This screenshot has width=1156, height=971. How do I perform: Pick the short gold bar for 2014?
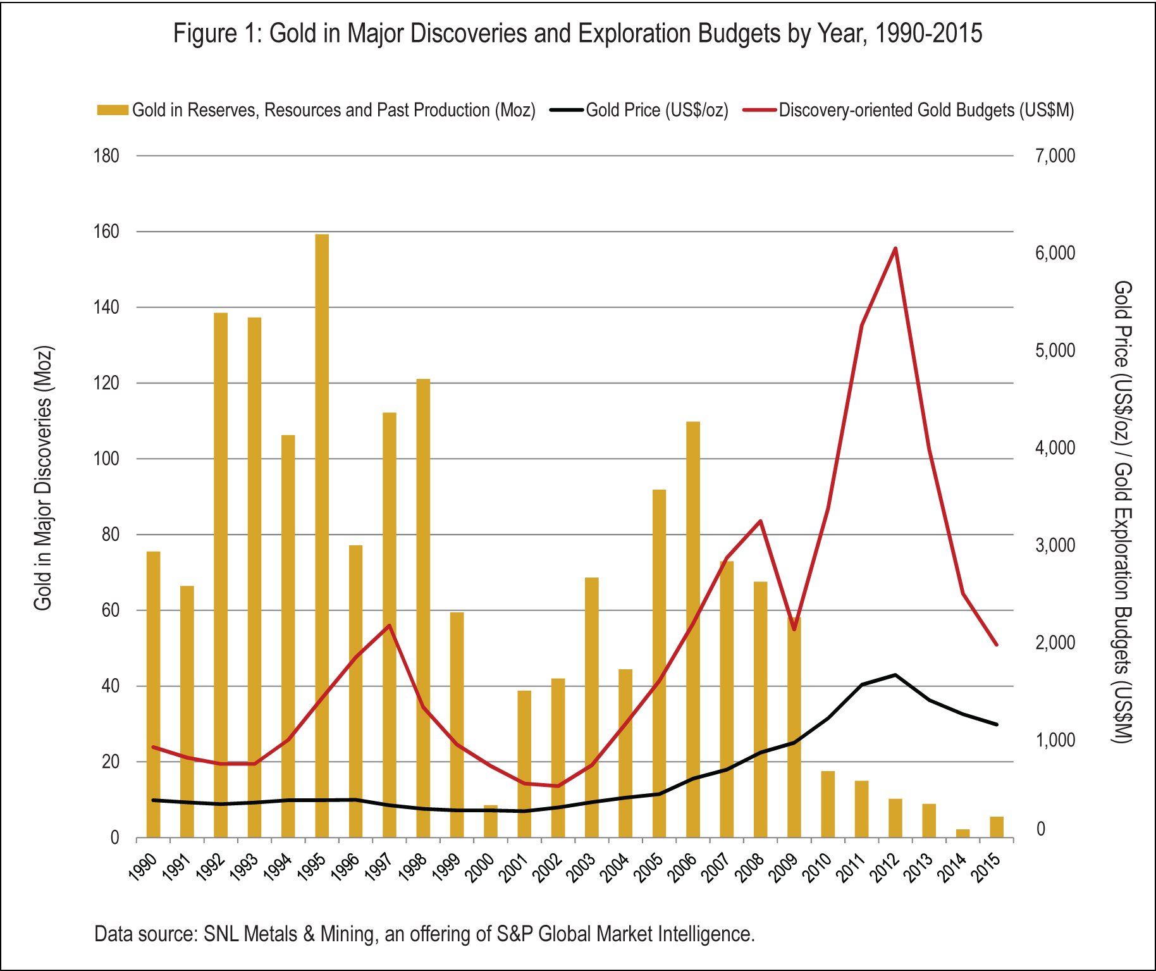962,833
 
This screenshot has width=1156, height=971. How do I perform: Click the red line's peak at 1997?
390,626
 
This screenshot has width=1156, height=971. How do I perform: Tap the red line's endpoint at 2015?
997,645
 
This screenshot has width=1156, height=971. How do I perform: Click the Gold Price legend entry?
656,110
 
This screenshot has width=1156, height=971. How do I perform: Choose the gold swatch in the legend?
113,110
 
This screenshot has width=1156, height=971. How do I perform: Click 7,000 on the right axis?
1055,156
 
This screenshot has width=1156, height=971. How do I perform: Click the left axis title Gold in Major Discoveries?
43,478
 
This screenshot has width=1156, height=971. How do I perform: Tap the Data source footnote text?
424,934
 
